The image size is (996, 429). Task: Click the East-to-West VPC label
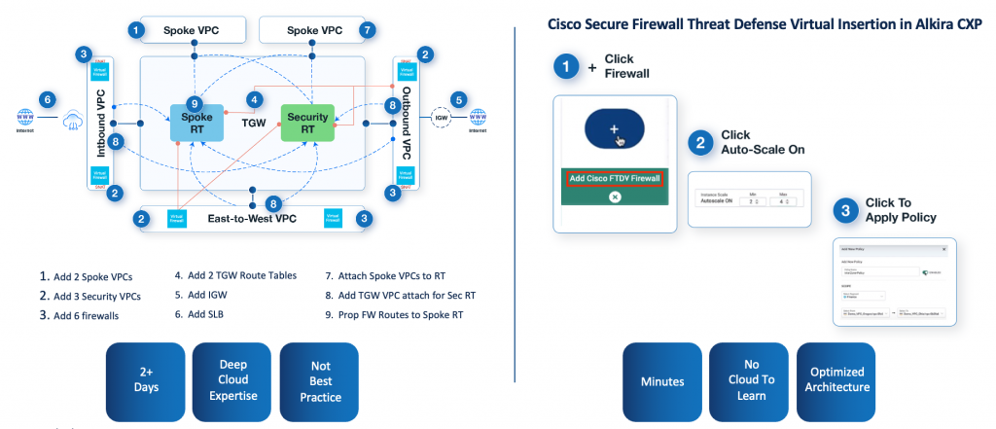(x=253, y=219)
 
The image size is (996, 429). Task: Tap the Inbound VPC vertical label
(x=102, y=124)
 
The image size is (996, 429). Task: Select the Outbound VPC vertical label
(x=407, y=124)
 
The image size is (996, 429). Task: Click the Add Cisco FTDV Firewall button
(x=615, y=177)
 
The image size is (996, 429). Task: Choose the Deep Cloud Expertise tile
(x=231, y=380)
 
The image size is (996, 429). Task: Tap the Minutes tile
(x=661, y=380)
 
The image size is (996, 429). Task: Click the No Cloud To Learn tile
(x=748, y=380)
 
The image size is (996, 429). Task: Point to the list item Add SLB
(x=202, y=315)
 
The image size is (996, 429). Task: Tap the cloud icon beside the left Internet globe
(x=72, y=123)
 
